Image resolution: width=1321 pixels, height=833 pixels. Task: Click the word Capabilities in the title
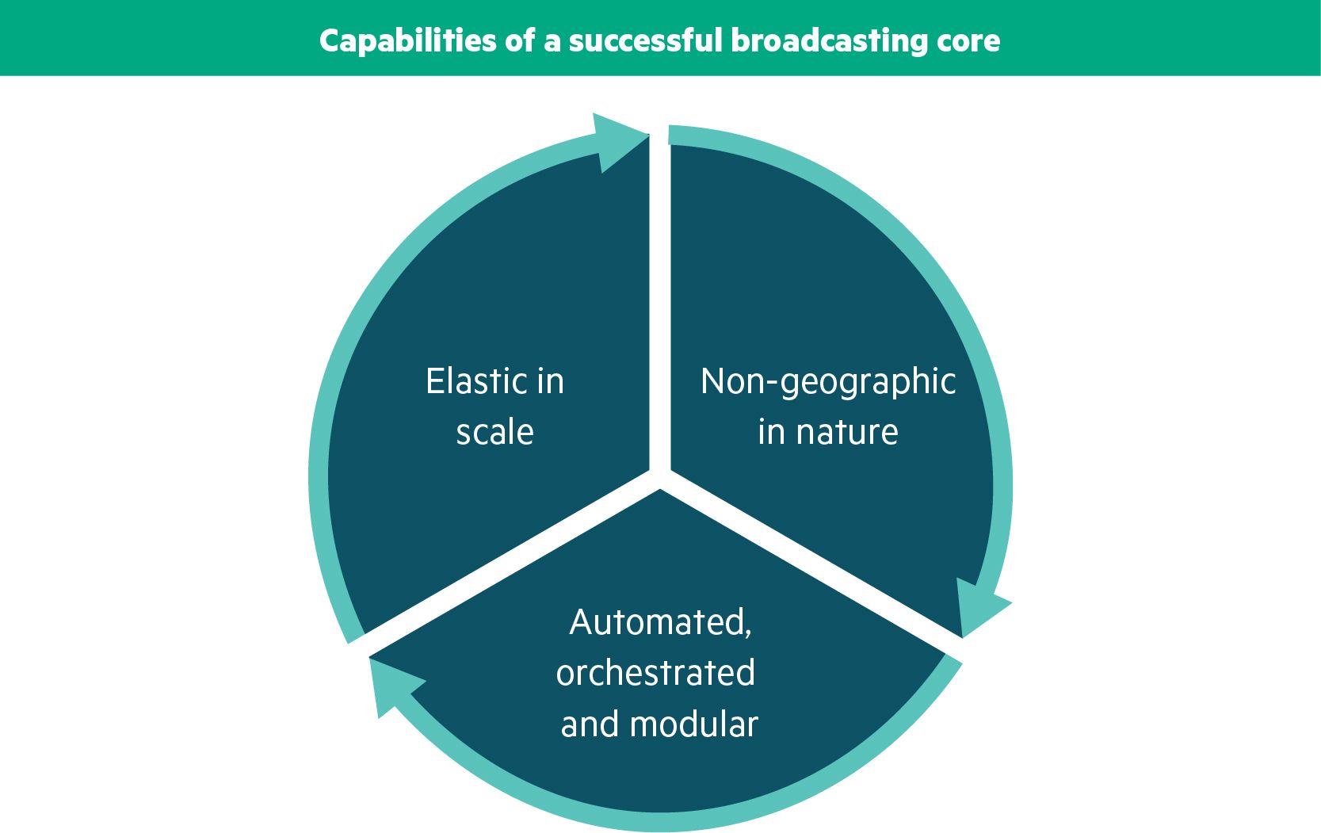point(407,41)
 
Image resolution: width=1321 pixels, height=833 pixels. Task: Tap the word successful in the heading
point(646,40)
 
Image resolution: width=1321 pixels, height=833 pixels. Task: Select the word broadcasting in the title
point(829,41)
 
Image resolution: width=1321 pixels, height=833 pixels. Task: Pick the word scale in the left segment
point(494,432)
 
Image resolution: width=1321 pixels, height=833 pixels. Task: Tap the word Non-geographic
point(828,382)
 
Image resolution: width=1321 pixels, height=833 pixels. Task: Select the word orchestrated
point(655,673)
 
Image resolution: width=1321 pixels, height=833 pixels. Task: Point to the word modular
point(693,724)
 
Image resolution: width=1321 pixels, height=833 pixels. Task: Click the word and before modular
point(590,724)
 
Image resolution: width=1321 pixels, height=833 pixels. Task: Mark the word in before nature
point(771,432)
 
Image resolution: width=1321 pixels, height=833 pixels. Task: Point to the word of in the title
point(520,40)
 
